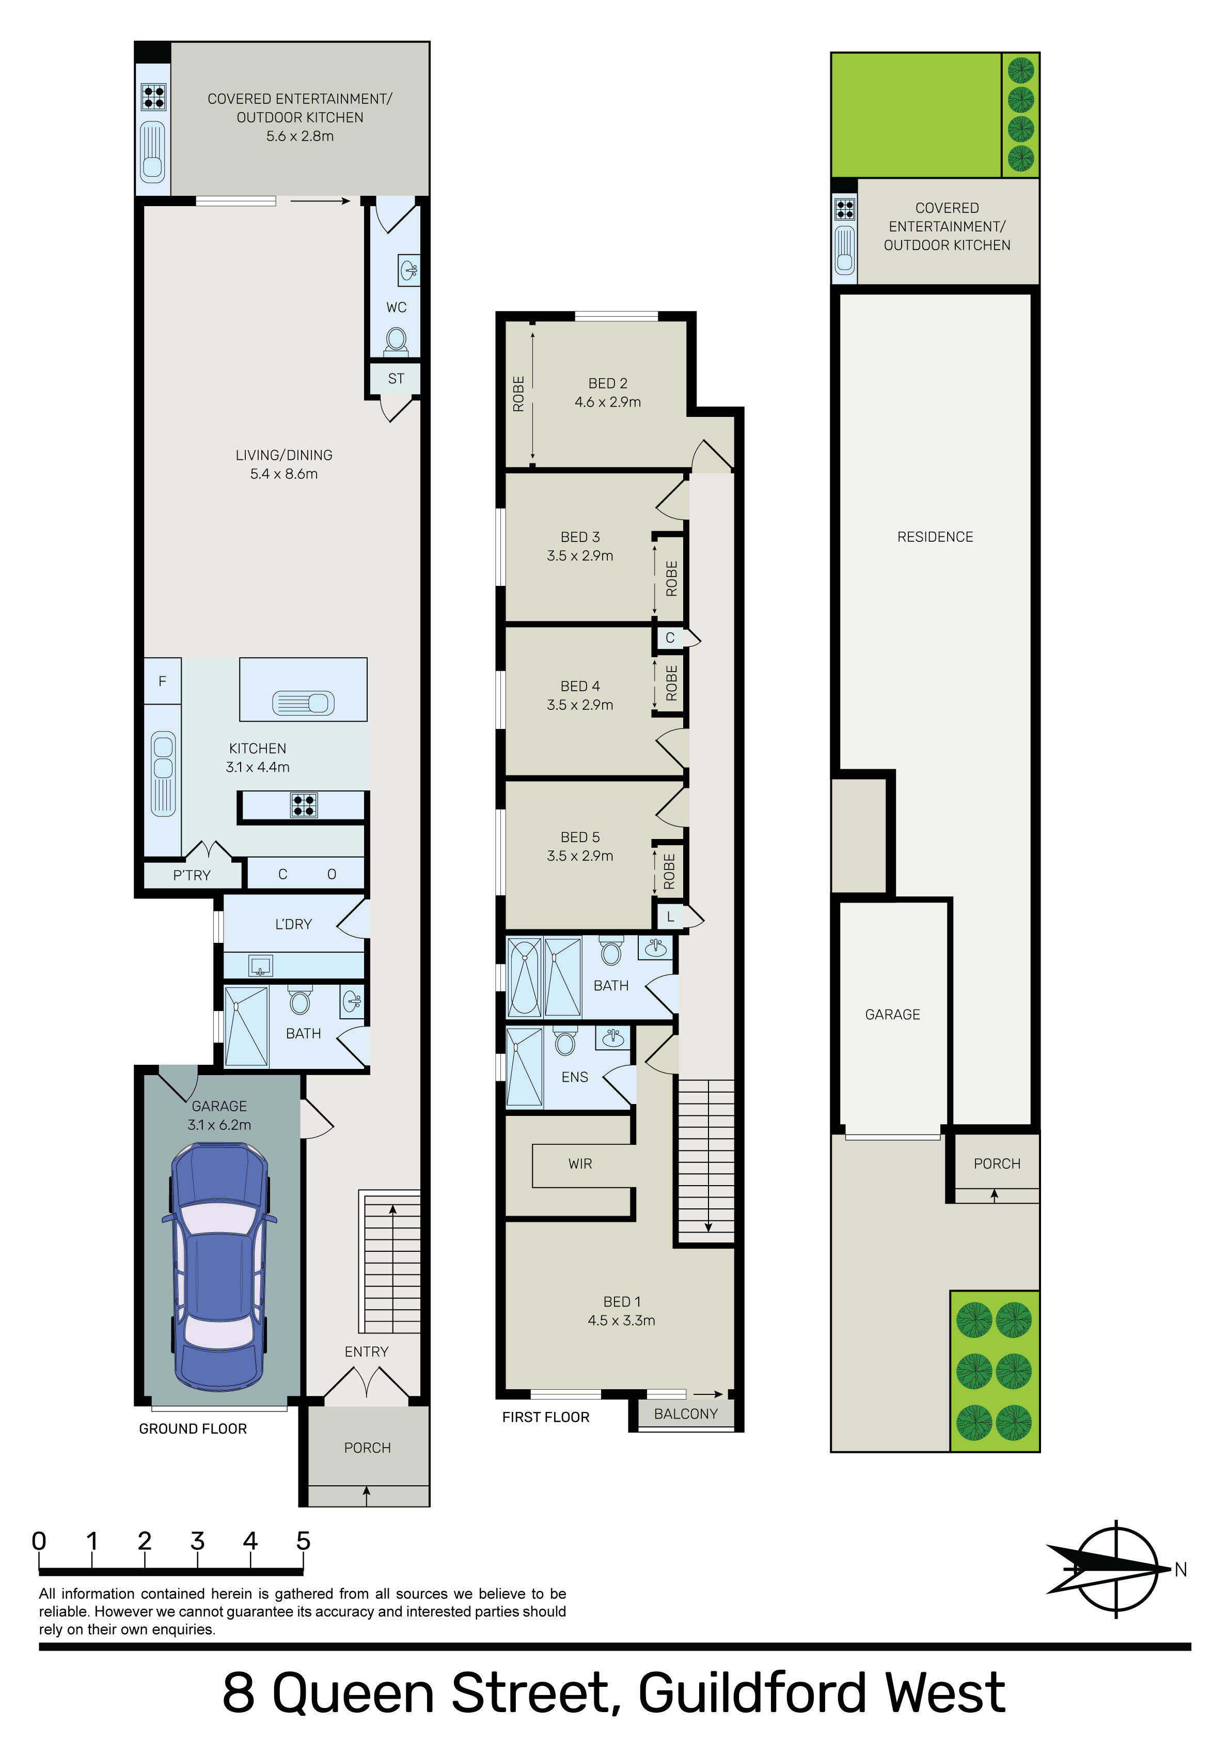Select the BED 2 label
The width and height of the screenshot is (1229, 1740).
click(x=608, y=383)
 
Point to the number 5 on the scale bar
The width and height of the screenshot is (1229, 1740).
click(x=303, y=1541)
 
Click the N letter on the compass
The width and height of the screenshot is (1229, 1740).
click(x=1180, y=1570)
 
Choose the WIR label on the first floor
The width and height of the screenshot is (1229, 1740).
click(x=580, y=1163)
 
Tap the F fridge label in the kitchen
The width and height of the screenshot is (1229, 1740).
click(x=162, y=681)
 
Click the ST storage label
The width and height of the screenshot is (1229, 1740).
click(x=396, y=378)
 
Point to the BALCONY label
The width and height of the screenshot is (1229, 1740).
click(x=686, y=1413)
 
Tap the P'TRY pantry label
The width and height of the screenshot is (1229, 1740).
click(x=192, y=875)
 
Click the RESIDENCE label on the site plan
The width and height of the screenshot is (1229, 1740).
click(x=935, y=537)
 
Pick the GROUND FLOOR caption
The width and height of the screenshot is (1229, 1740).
click(x=193, y=1428)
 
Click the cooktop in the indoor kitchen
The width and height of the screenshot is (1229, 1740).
click(x=304, y=805)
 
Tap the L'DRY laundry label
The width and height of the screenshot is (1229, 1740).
click(x=293, y=924)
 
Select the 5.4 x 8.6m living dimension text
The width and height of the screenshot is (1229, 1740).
click(x=284, y=474)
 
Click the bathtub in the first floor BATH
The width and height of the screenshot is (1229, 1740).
click(x=524, y=977)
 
